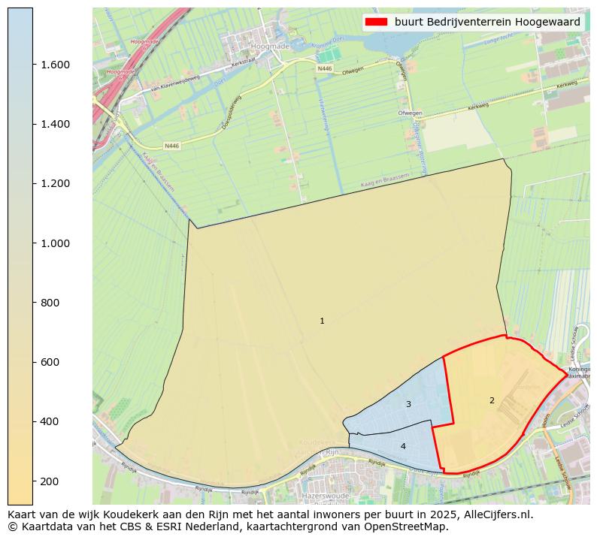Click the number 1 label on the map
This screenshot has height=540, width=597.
[322, 321]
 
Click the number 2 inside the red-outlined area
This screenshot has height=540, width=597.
[492, 400]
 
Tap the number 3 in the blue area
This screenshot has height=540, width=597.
[408, 404]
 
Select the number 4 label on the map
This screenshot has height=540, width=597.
[403, 446]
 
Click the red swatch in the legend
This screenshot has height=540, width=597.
[376, 22]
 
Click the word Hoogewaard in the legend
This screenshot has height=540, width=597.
[552, 22]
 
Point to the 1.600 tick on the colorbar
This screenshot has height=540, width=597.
[55, 65]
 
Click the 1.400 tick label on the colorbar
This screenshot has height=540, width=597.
[55, 124]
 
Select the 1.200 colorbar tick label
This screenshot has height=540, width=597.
[55, 183]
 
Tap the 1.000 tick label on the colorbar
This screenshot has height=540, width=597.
[55, 243]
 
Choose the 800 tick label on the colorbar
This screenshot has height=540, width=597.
[50, 303]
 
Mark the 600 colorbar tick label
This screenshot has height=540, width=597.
[50, 362]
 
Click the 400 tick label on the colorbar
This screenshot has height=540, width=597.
[50, 421]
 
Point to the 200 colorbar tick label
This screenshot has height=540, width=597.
[50, 481]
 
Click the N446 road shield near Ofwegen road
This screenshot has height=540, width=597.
[324, 68]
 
